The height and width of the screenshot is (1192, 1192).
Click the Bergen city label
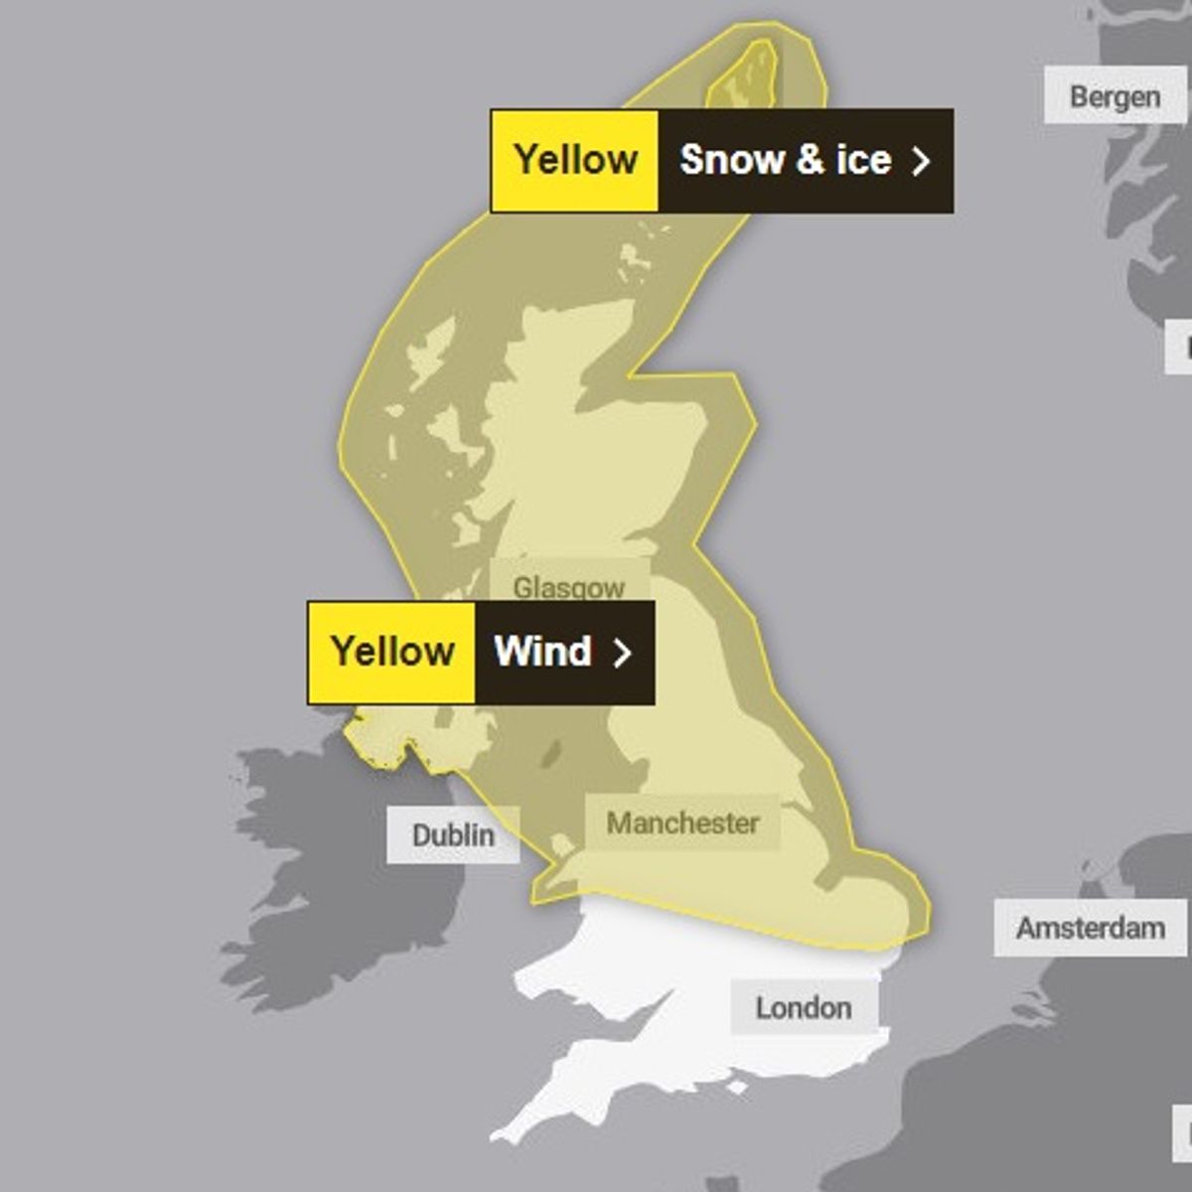pos(1115,96)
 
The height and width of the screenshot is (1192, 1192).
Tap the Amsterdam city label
pos(1090,928)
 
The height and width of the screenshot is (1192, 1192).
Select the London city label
pos(803,1007)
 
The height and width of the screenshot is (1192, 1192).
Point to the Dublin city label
pos(453,834)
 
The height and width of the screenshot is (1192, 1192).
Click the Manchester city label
pos(682,822)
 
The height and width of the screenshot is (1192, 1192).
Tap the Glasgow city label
pos(568,586)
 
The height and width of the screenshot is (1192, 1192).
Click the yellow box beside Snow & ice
pos(575,160)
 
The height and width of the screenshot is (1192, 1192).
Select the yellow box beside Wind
pos(391,652)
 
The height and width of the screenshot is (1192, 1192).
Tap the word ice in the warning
pos(863,160)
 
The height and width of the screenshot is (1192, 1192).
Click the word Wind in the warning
pos(542,652)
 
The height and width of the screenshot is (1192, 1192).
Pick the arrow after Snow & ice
pos(921,161)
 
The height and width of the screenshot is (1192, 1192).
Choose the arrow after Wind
pos(622,653)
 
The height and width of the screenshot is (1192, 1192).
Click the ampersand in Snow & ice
pos(809,160)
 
